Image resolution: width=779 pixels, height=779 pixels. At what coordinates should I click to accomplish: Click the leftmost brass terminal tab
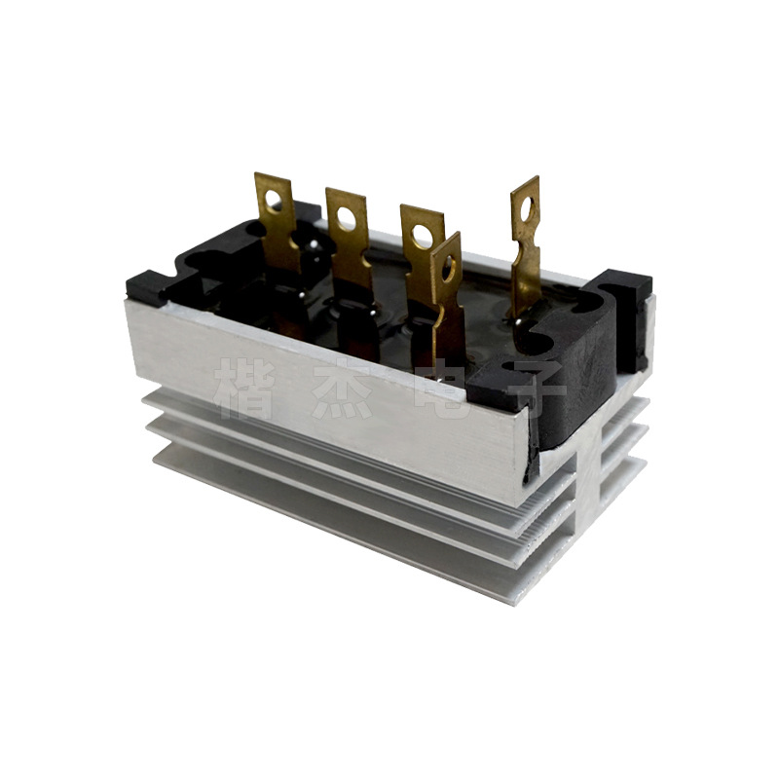(277, 224)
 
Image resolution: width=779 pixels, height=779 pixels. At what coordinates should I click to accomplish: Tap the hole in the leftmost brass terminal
(274, 199)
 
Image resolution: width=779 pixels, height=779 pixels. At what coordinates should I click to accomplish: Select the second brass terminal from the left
(349, 238)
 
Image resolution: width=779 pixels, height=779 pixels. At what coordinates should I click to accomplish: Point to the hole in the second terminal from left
(346, 214)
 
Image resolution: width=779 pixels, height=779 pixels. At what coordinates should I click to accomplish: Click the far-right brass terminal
(526, 245)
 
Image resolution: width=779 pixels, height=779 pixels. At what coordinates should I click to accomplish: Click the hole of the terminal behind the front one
(422, 237)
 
